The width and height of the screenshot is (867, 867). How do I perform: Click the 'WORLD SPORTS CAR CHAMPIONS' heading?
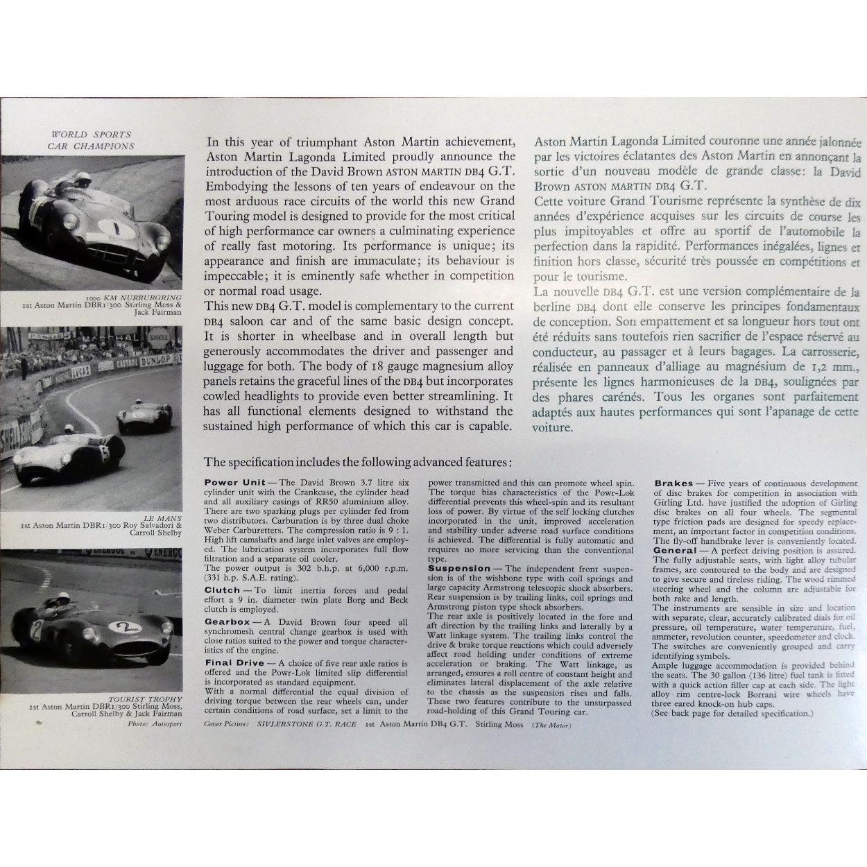coord(91,140)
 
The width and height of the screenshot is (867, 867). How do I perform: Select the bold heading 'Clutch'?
coord(223,590)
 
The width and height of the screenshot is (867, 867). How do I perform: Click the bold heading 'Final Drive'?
coord(234,663)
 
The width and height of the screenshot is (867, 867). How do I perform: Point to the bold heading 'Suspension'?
coord(458,568)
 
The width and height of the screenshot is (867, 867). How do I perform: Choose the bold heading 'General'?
coord(674,550)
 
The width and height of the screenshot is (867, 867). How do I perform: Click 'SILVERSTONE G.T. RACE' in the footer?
coord(306,724)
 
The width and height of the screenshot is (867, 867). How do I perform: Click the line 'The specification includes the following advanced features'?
coord(359,462)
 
